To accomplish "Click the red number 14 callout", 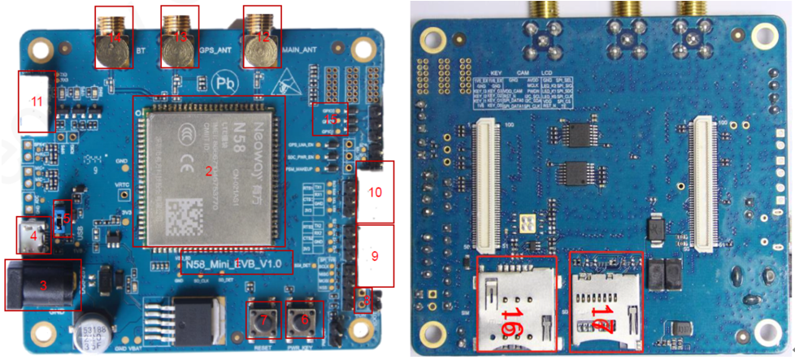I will coord(115,38).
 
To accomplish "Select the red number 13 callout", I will coord(180,37).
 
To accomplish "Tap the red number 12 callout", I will coord(262,37).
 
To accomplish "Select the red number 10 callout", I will coord(375,193).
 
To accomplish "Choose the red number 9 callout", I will coord(375,255).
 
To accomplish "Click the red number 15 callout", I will coord(330,119).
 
